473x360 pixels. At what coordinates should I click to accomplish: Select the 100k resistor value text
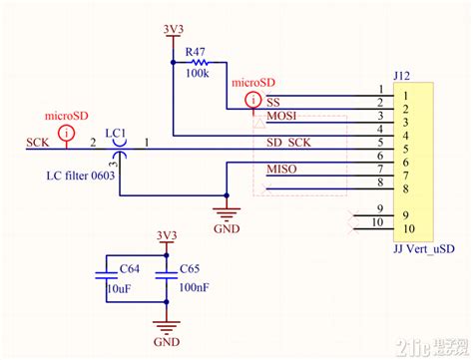(x=198, y=74)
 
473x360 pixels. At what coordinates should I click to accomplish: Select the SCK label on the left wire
(x=39, y=143)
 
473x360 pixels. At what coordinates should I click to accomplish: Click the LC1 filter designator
(x=116, y=133)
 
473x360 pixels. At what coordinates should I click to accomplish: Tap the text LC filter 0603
(x=82, y=177)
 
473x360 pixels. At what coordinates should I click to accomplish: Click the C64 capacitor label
(x=130, y=268)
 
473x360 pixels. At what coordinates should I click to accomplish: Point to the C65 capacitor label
(x=192, y=268)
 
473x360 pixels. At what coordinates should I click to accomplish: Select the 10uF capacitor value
(x=119, y=288)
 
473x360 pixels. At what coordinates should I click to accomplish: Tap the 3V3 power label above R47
(x=173, y=29)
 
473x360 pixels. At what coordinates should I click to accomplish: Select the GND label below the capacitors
(x=166, y=342)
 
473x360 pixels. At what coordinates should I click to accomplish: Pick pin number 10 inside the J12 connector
(x=409, y=229)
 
